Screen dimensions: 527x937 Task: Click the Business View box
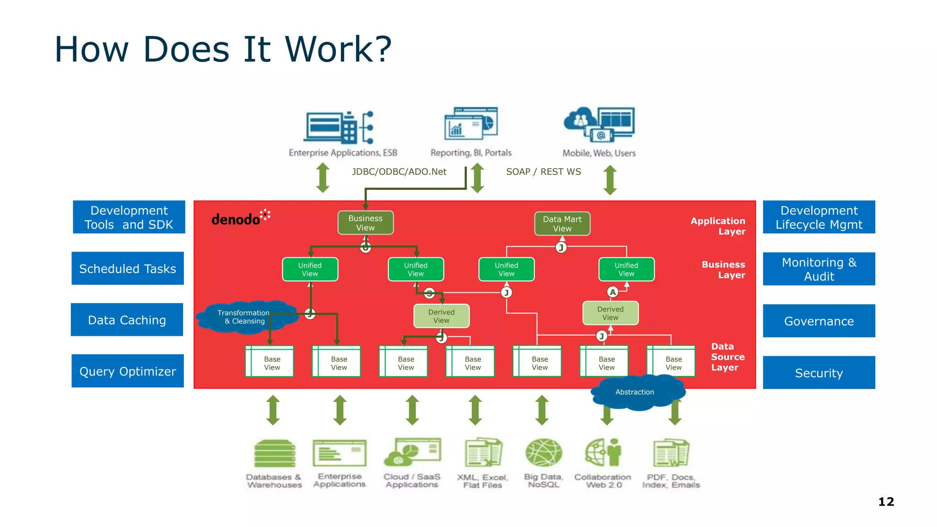coord(365,223)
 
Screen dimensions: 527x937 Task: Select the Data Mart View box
coord(562,224)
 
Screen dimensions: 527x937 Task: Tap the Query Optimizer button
coord(128,371)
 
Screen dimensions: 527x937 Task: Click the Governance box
coord(819,321)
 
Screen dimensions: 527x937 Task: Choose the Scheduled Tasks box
coord(128,269)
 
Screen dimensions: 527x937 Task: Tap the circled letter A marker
coord(613,292)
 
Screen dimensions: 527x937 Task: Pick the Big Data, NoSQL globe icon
coord(543,453)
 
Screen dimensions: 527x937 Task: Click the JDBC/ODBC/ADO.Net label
coord(399,172)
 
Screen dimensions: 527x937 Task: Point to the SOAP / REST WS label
coord(543,172)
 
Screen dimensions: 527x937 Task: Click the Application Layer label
coord(718,226)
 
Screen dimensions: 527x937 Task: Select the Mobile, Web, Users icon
coord(599,124)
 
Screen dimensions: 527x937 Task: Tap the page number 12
coord(886,502)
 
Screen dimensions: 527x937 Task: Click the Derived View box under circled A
coord(610,313)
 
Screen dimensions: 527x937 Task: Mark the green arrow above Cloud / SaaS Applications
coord(412,410)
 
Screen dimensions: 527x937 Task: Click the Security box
coord(819,373)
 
